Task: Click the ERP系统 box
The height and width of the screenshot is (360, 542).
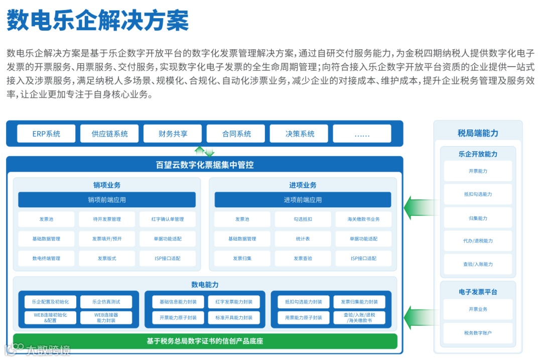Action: [x=46, y=134]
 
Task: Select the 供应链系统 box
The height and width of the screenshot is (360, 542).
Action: [x=109, y=134]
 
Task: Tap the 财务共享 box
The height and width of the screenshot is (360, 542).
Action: [x=173, y=134]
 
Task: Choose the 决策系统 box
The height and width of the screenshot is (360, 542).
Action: [x=300, y=134]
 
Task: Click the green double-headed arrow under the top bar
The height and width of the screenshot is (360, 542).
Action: [x=204, y=151]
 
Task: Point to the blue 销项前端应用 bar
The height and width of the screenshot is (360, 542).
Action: [x=107, y=200]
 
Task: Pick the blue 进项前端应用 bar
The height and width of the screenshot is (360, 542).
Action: [x=303, y=200]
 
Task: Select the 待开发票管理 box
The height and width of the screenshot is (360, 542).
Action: [x=107, y=219]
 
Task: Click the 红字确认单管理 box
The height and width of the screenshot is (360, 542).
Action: [x=168, y=219]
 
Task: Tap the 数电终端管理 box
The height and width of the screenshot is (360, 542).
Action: [x=46, y=259]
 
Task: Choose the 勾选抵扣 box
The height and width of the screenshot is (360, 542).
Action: [x=303, y=219]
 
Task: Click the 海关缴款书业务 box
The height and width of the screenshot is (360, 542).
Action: [x=363, y=219]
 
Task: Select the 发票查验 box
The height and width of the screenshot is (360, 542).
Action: [x=303, y=259]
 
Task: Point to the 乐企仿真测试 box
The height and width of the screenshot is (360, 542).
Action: [x=106, y=302]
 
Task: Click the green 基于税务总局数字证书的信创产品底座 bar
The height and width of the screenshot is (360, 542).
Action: [x=205, y=341]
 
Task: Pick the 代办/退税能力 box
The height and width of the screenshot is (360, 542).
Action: [x=478, y=241]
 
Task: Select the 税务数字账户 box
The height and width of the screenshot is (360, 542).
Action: [x=478, y=333]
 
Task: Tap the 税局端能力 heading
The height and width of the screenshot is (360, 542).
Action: [x=478, y=134]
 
